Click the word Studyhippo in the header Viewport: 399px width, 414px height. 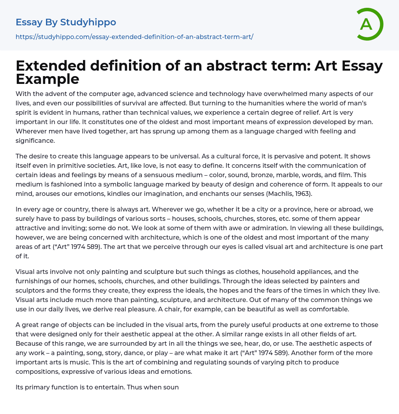(x=88, y=22)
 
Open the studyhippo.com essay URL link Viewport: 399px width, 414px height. (x=134, y=37)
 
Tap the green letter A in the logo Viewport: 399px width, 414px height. (x=366, y=24)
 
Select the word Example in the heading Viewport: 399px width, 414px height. (x=48, y=79)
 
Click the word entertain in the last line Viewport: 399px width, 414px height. (x=106, y=387)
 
